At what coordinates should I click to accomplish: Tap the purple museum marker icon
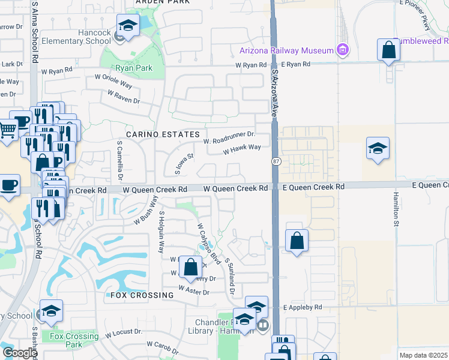(343, 49)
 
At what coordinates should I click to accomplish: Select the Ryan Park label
(134, 68)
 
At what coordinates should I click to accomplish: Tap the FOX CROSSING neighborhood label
(142, 295)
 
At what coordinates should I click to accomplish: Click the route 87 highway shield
(275, 161)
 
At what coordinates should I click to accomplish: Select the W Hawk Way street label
(242, 149)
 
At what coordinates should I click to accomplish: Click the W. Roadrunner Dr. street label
(229, 138)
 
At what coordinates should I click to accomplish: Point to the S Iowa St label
(182, 163)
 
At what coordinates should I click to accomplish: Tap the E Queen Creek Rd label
(315, 187)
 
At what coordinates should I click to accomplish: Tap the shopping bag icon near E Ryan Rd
(389, 51)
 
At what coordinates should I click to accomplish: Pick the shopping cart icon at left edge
(7, 130)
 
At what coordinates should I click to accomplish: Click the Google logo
(20, 352)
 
